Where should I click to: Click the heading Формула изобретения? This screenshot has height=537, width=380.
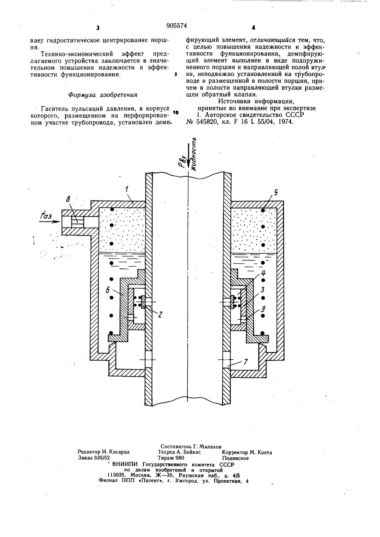click(103, 94)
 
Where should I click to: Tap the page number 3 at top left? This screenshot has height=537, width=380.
click(98, 28)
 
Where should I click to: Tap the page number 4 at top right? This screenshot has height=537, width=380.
click(253, 28)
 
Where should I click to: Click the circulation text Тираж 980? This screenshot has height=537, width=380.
click(171, 458)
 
